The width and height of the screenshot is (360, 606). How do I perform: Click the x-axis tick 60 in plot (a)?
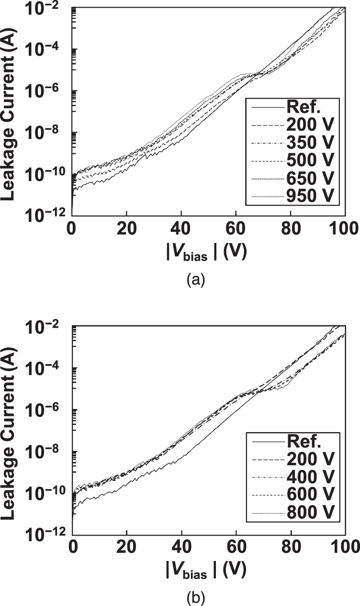(x=236, y=229)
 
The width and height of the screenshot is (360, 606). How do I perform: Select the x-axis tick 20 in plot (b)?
(x=127, y=546)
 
